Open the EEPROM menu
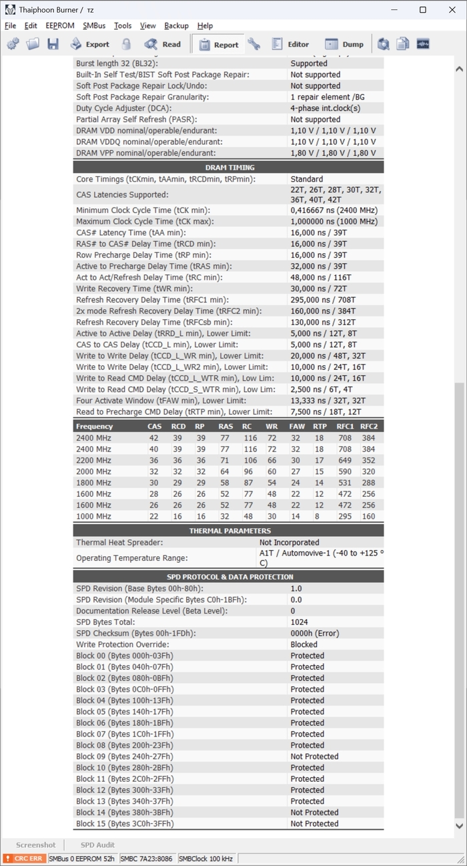tap(60, 26)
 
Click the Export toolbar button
tap(90, 45)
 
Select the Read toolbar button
tap(163, 45)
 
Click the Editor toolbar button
tap(290, 45)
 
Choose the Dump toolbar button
tap(345, 45)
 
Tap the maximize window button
tap(423, 10)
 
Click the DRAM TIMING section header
tap(229, 168)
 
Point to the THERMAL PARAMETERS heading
tap(229, 531)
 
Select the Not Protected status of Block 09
tap(314, 756)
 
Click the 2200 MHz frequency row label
tap(93, 461)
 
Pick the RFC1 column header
tap(345, 427)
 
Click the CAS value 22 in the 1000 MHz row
tap(154, 517)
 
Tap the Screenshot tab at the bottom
tap(36, 845)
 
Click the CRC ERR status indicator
tap(24, 859)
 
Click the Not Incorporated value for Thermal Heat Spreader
tap(289, 543)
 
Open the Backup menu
tap(176, 26)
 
